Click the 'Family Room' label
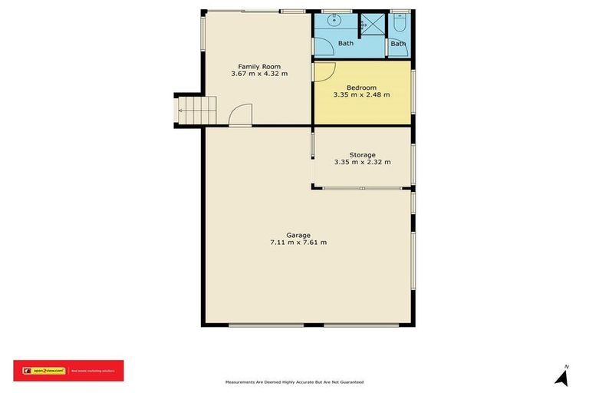tap(259, 66)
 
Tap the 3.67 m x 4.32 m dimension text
tap(259, 74)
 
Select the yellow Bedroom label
tap(361, 88)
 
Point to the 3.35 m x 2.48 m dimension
tap(361, 95)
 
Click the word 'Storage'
tap(362, 154)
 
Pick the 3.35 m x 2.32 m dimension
tap(362, 162)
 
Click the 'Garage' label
tap(298, 235)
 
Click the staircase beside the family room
tap(197, 110)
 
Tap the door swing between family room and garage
tap(241, 115)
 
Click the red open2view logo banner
tap(68, 371)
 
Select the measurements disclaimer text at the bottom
tap(294, 381)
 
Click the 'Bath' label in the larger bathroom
tap(346, 43)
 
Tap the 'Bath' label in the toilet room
tap(398, 44)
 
